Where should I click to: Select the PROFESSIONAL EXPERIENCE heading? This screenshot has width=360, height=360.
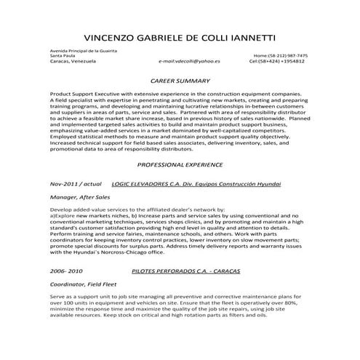(179, 165)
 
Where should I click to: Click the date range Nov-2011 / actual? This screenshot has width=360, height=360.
(76, 185)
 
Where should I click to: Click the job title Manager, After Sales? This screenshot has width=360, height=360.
(81, 197)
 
